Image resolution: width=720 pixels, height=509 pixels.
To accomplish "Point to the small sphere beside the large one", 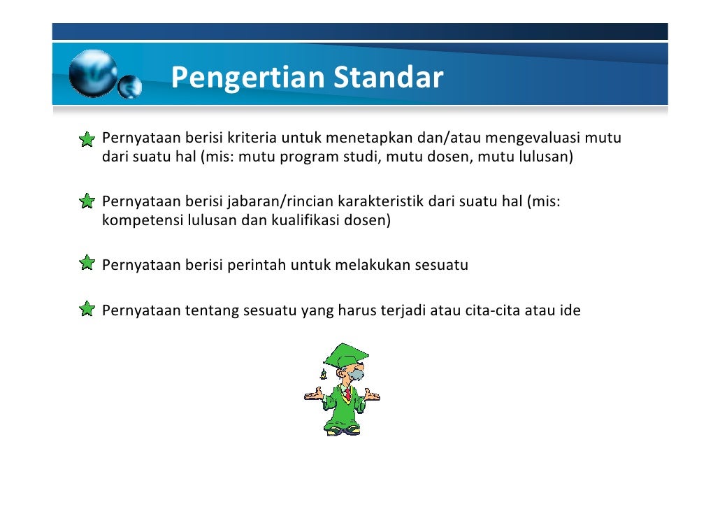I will [129, 87].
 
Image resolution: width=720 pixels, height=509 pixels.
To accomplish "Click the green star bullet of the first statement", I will [87, 140].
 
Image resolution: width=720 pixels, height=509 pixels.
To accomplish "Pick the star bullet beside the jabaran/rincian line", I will [87, 202].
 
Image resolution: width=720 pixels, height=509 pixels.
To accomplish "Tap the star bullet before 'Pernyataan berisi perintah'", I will [87, 264].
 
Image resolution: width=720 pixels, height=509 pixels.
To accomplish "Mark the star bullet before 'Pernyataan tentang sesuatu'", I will [87, 309].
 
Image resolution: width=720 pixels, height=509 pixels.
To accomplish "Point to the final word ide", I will [570, 310].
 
